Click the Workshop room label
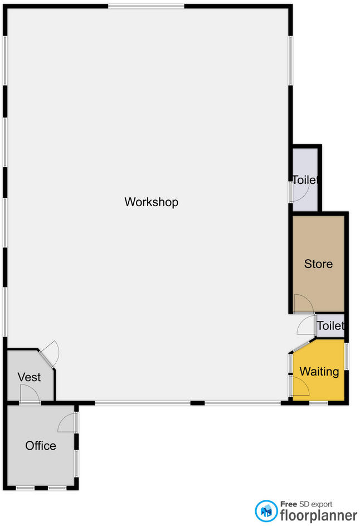pos(151,202)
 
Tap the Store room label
pos(318,264)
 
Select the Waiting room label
pos(319,371)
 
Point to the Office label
pos(41,446)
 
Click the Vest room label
pos(29,377)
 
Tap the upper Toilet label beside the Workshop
pos(306,180)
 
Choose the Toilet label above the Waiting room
pos(330,326)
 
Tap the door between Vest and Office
pos(29,396)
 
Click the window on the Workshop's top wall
pos(146,6)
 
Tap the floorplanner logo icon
pos(266,510)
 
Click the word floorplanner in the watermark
pos(319,514)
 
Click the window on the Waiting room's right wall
pos(346,356)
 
